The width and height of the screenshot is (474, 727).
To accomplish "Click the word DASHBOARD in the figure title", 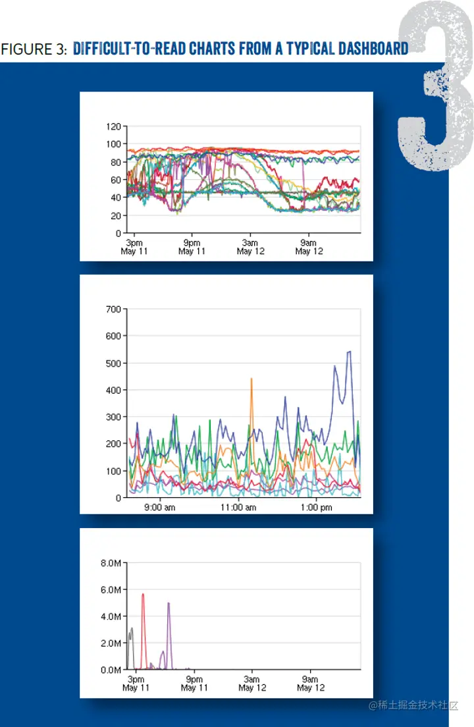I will tap(368, 49).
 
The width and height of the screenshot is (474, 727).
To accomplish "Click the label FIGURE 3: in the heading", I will tap(34, 49).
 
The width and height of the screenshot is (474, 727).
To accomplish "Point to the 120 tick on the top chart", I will tap(113, 126).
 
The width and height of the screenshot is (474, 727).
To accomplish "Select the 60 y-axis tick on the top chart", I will tap(116, 180).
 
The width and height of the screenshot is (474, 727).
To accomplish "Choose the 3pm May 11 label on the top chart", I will tap(134, 247).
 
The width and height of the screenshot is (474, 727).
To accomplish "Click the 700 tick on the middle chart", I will tap(113, 309).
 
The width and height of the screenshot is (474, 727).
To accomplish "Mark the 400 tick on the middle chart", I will tap(113, 390).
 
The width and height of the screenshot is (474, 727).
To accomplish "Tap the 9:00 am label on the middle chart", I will tap(159, 508).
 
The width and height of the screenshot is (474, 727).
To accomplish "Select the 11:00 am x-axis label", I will tap(238, 508).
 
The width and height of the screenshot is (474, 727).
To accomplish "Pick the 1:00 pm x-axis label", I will tap(316, 508).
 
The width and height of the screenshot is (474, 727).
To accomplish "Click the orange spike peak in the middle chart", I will tap(251, 379).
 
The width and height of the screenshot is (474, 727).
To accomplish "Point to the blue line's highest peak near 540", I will tap(349, 352).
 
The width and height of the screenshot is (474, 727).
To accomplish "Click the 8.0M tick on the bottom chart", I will tap(111, 564).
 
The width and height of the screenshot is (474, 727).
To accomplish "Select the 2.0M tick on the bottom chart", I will tap(111, 643).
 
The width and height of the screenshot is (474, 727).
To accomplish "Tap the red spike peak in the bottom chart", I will tap(143, 594).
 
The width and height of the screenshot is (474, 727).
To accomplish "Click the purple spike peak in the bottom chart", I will tap(169, 603).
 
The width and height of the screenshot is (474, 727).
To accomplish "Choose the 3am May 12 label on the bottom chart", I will tap(251, 684).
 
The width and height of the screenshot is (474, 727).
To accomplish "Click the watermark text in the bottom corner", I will tap(413, 705).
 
